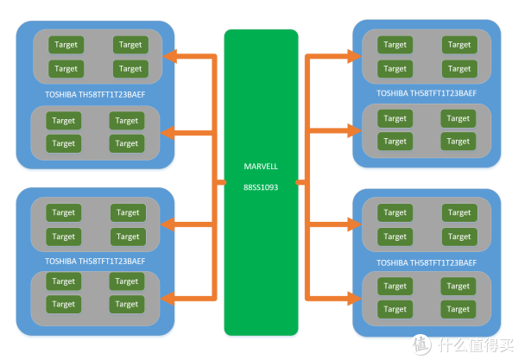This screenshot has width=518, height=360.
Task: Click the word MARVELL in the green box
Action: pos(261,165)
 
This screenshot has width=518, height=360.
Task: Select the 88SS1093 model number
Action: pos(261,184)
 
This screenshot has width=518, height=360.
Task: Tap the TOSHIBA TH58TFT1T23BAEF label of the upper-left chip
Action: pos(95,94)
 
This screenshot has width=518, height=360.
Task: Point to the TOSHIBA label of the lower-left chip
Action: pos(95,261)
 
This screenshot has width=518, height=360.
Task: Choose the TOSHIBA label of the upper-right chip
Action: pos(426,92)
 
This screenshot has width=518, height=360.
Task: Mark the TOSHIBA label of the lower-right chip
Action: pos(426,261)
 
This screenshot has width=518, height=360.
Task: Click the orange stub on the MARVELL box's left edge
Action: pos(219,183)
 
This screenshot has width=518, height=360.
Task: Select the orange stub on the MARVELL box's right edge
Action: pos(302,183)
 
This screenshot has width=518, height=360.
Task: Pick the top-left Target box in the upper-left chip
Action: pos(65,44)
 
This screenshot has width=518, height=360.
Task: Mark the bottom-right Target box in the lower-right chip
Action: pos(458,309)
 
